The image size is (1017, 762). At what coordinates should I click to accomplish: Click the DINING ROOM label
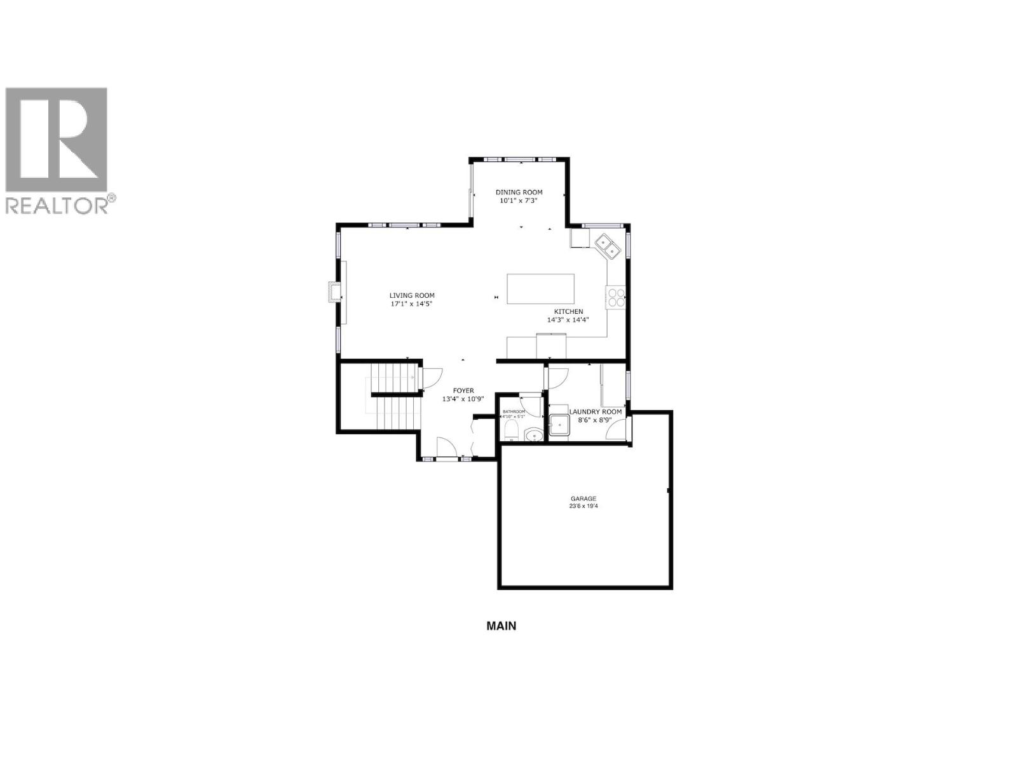[x=519, y=192]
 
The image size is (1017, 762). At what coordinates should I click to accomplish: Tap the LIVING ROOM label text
[x=412, y=295]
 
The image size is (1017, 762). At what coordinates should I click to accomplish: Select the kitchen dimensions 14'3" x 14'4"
[x=568, y=320]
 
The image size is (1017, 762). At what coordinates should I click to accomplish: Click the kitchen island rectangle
[x=540, y=289]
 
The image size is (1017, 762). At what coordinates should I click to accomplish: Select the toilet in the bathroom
[x=510, y=432]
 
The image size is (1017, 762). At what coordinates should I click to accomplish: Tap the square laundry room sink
[x=559, y=424]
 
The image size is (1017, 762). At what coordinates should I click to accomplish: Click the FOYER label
[x=463, y=391]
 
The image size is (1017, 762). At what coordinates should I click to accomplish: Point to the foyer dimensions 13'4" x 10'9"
[x=463, y=399]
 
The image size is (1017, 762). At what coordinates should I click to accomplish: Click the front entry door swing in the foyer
[x=446, y=448]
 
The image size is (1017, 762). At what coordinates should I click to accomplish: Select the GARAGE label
[x=584, y=498]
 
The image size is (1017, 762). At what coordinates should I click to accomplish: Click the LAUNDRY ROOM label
[x=595, y=412]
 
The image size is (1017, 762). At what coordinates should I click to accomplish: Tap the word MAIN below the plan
[x=501, y=625]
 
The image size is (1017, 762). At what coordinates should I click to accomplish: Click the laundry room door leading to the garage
[x=616, y=431]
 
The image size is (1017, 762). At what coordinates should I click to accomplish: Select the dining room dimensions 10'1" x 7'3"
[x=519, y=201]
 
